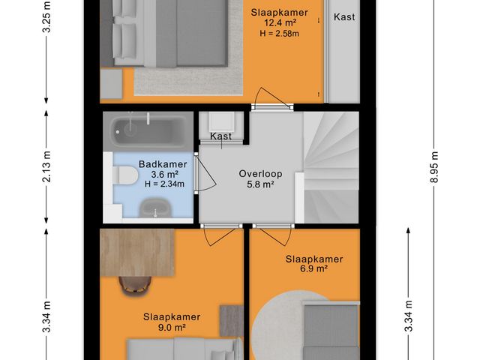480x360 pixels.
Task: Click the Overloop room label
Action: pyautogui.click(x=259, y=173)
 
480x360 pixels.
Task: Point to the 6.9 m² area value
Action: pyautogui.click(x=314, y=268)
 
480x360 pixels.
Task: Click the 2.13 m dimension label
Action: pyautogui.click(x=46, y=167)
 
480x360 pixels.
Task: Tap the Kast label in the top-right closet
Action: pyautogui.click(x=344, y=16)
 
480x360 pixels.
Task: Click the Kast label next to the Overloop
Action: pyautogui.click(x=221, y=136)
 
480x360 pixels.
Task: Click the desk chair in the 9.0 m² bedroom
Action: pyautogui.click(x=134, y=284)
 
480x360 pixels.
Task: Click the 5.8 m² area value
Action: pyautogui.click(x=259, y=184)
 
